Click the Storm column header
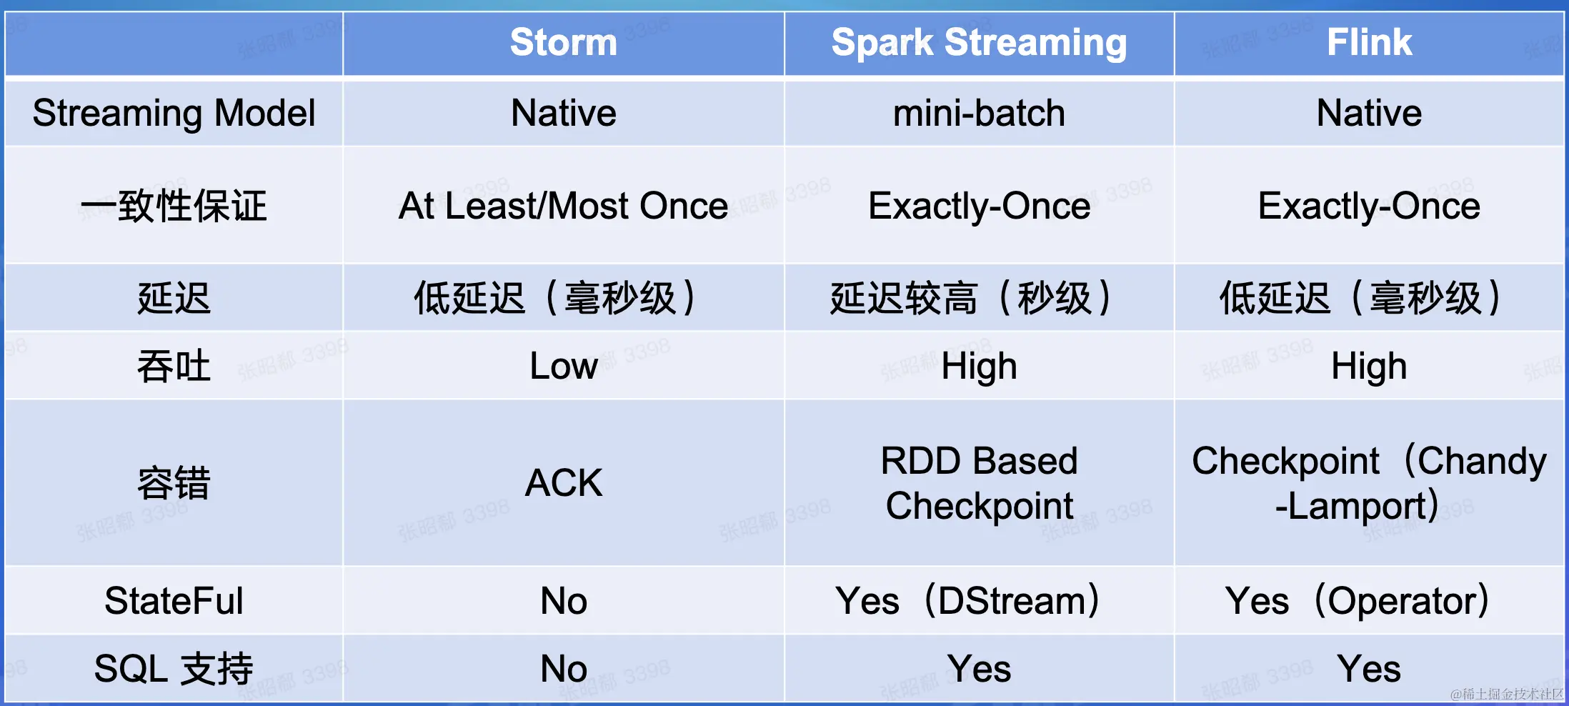tap(564, 42)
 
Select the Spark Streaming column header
tap(979, 43)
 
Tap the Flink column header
tap(1369, 42)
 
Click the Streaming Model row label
tap(174, 114)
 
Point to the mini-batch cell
tap(979, 114)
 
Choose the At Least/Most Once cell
tap(563, 206)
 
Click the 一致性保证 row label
tap(174, 206)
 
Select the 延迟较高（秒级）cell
tap(971, 298)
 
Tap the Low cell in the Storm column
tap(564, 366)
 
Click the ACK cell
tap(564, 482)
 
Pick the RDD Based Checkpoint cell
tap(979, 483)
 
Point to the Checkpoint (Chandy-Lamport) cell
tap(1369, 483)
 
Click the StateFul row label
tap(174, 600)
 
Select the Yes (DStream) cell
tap(968, 600)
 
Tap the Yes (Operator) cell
tap(1358, 600)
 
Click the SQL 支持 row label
tap(174, 669)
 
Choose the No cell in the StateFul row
tap(564, 600)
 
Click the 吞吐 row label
tap(174, 367)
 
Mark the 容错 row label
tap(174, 483)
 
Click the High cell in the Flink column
tap(1369, 367)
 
